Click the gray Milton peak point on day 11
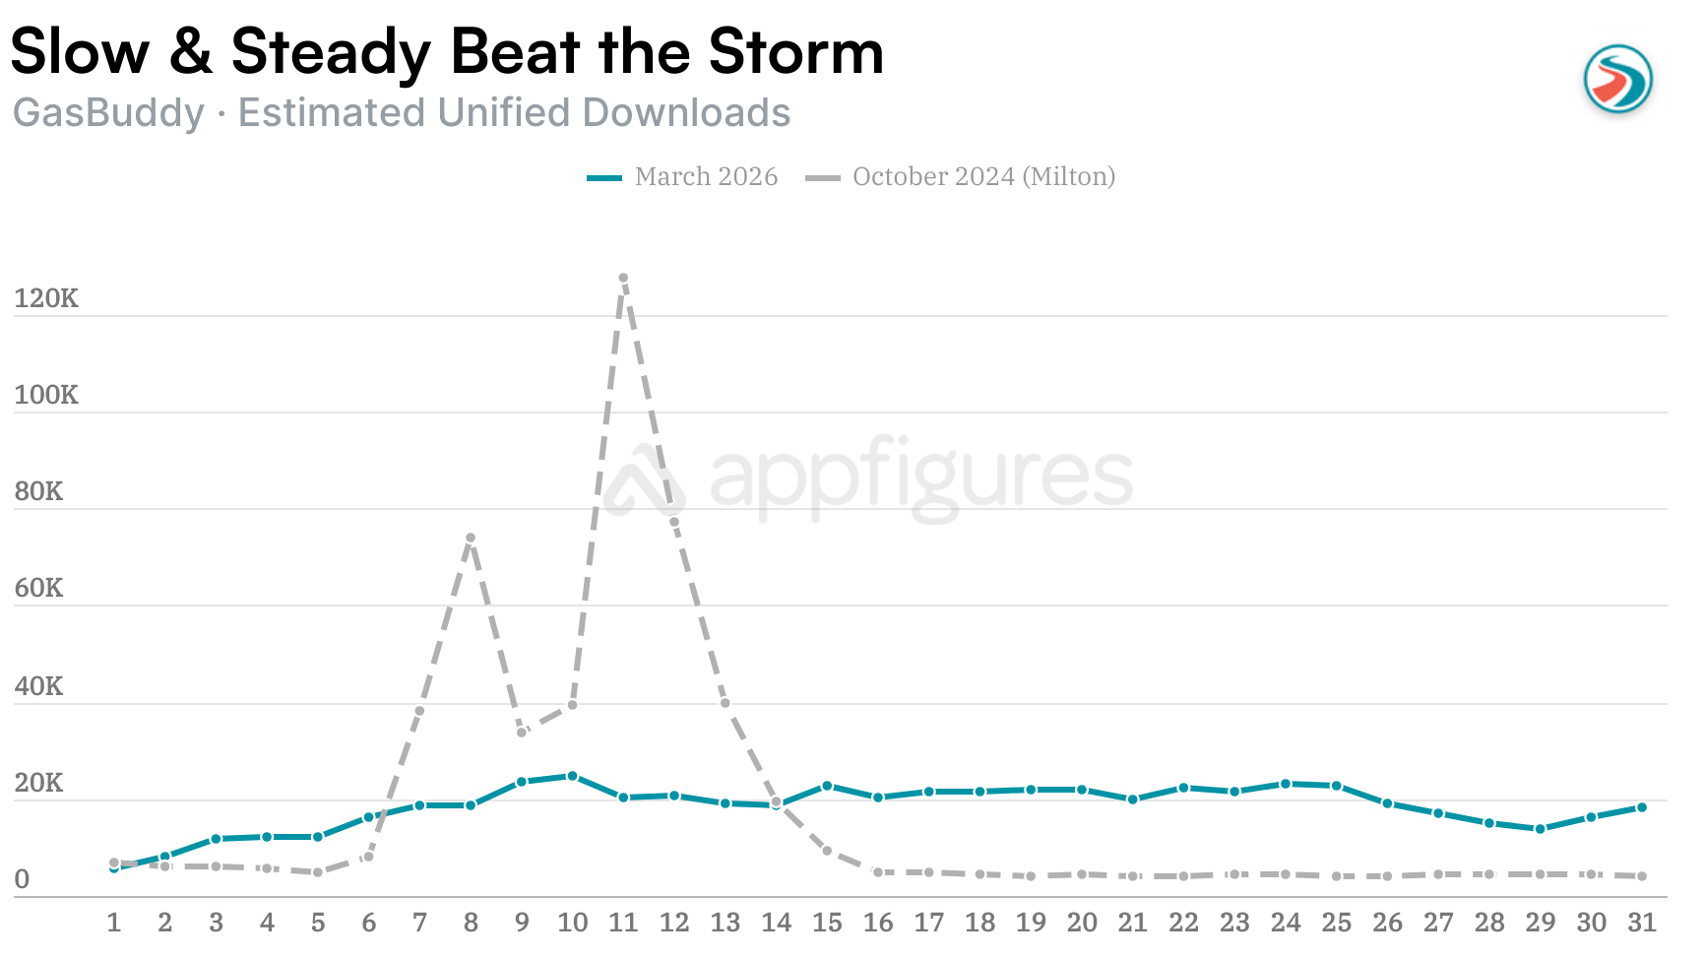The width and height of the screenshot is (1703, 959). point(623,279)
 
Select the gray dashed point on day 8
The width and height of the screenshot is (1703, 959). point(471,539)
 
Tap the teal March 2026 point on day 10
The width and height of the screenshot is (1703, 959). point(572,776)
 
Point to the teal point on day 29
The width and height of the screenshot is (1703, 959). point(1541,829)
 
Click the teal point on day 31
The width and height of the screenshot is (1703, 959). point(1642,807)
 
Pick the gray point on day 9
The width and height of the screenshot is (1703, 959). point(522,733)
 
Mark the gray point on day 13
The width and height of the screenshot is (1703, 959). point(725,703)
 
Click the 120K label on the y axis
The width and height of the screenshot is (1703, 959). point(46,298)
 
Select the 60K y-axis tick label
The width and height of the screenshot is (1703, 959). point(39,588)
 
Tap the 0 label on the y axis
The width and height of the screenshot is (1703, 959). point(22,879)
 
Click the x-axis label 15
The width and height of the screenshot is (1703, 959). point(827,923)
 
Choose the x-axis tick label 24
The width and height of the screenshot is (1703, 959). point(1286,923)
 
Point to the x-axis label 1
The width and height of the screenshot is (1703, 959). point(114,923)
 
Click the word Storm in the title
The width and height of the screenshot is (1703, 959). point(795,51)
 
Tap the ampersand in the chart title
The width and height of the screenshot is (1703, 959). point(190,51)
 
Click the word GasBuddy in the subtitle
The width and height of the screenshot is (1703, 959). point(108,113)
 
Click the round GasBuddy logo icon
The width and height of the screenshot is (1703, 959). point(1617,79)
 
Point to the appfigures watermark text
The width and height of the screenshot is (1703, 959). point(920,477)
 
